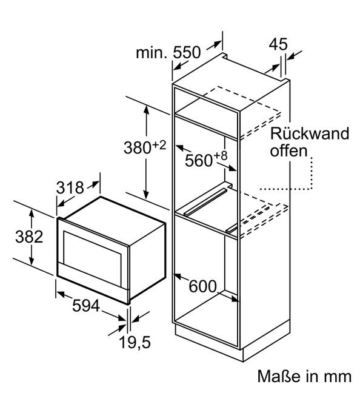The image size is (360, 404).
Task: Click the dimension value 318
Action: [x=70, y=187]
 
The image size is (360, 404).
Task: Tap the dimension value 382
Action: [x=29, y=237]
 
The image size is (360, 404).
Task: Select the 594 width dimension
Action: [x=85, y=306]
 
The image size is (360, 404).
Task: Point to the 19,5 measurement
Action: [x=135, y=342]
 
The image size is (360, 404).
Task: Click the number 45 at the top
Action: [x=278, y=44]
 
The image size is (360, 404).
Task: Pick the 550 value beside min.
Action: [x=187, y=52]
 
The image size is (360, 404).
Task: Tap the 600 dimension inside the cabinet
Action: [x=202, y=286]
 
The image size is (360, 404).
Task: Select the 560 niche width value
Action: [x=199, y=161]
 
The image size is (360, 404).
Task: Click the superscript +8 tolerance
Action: [x=221, y=156]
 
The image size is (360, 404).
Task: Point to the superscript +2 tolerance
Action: [x=159, y=146]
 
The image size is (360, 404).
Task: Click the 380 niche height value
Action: [x=138, y=147]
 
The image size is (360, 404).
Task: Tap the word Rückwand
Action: [x=310, y=133]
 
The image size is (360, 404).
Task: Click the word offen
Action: [x=288, y=150]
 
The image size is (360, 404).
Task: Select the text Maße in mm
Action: [x=304, y=376]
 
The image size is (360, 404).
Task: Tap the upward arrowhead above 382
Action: [x=32, y=214]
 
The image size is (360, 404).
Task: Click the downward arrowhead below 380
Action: [x=146, y=195]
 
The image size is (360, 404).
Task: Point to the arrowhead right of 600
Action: [x=235, y=298]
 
